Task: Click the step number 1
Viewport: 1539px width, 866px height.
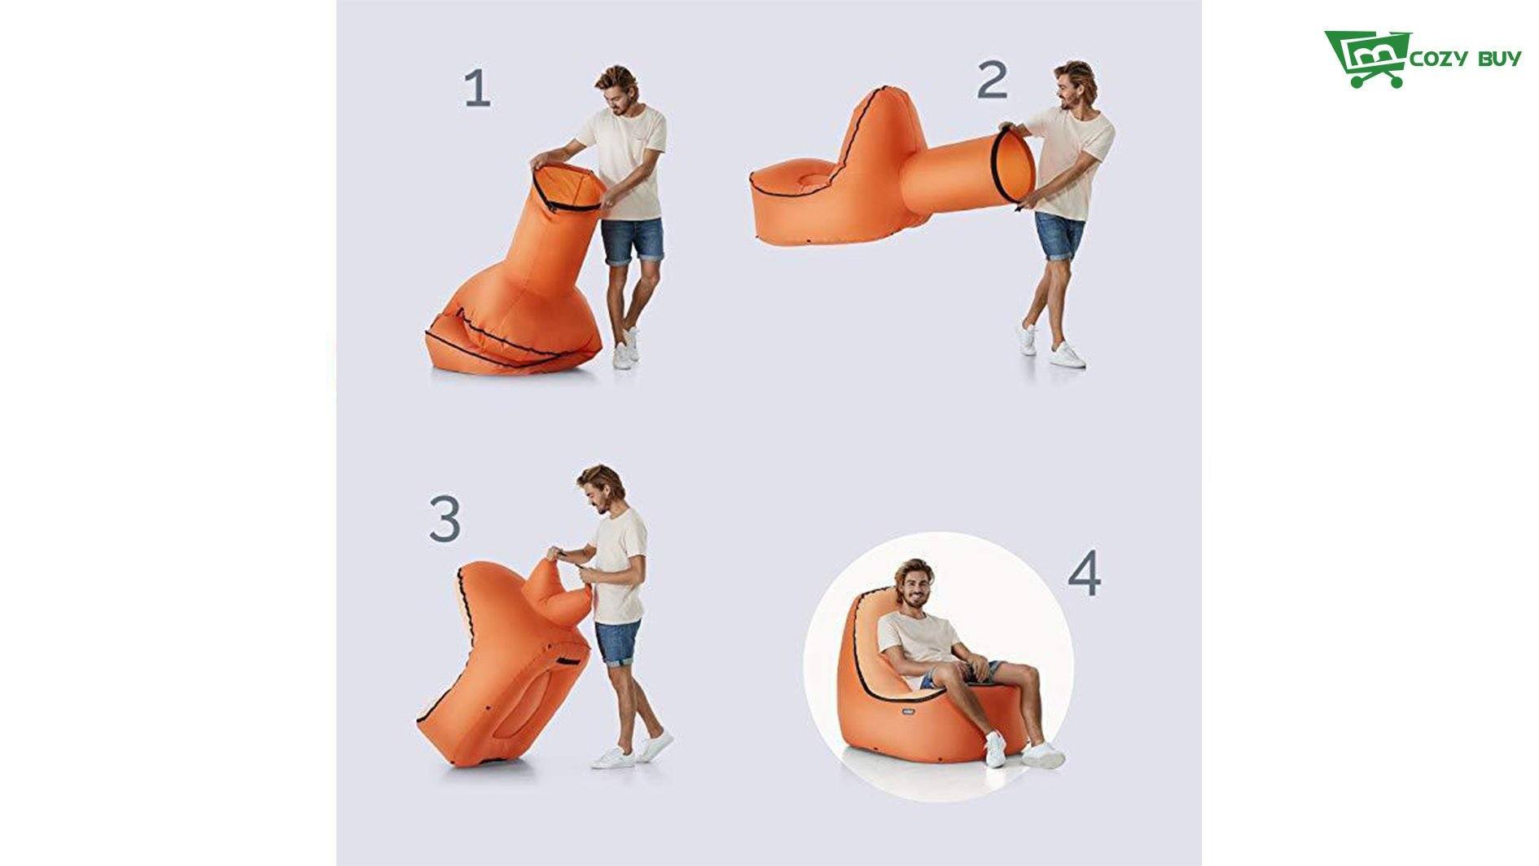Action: [478, 89]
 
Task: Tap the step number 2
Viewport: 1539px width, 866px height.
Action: [993, 80]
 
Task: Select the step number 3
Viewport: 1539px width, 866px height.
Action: [445, 519]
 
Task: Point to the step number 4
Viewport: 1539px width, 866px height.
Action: [1085, 574]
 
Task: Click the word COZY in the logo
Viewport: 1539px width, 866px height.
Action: [1439, 59]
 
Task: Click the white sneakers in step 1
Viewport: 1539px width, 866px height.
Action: [625, 349]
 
